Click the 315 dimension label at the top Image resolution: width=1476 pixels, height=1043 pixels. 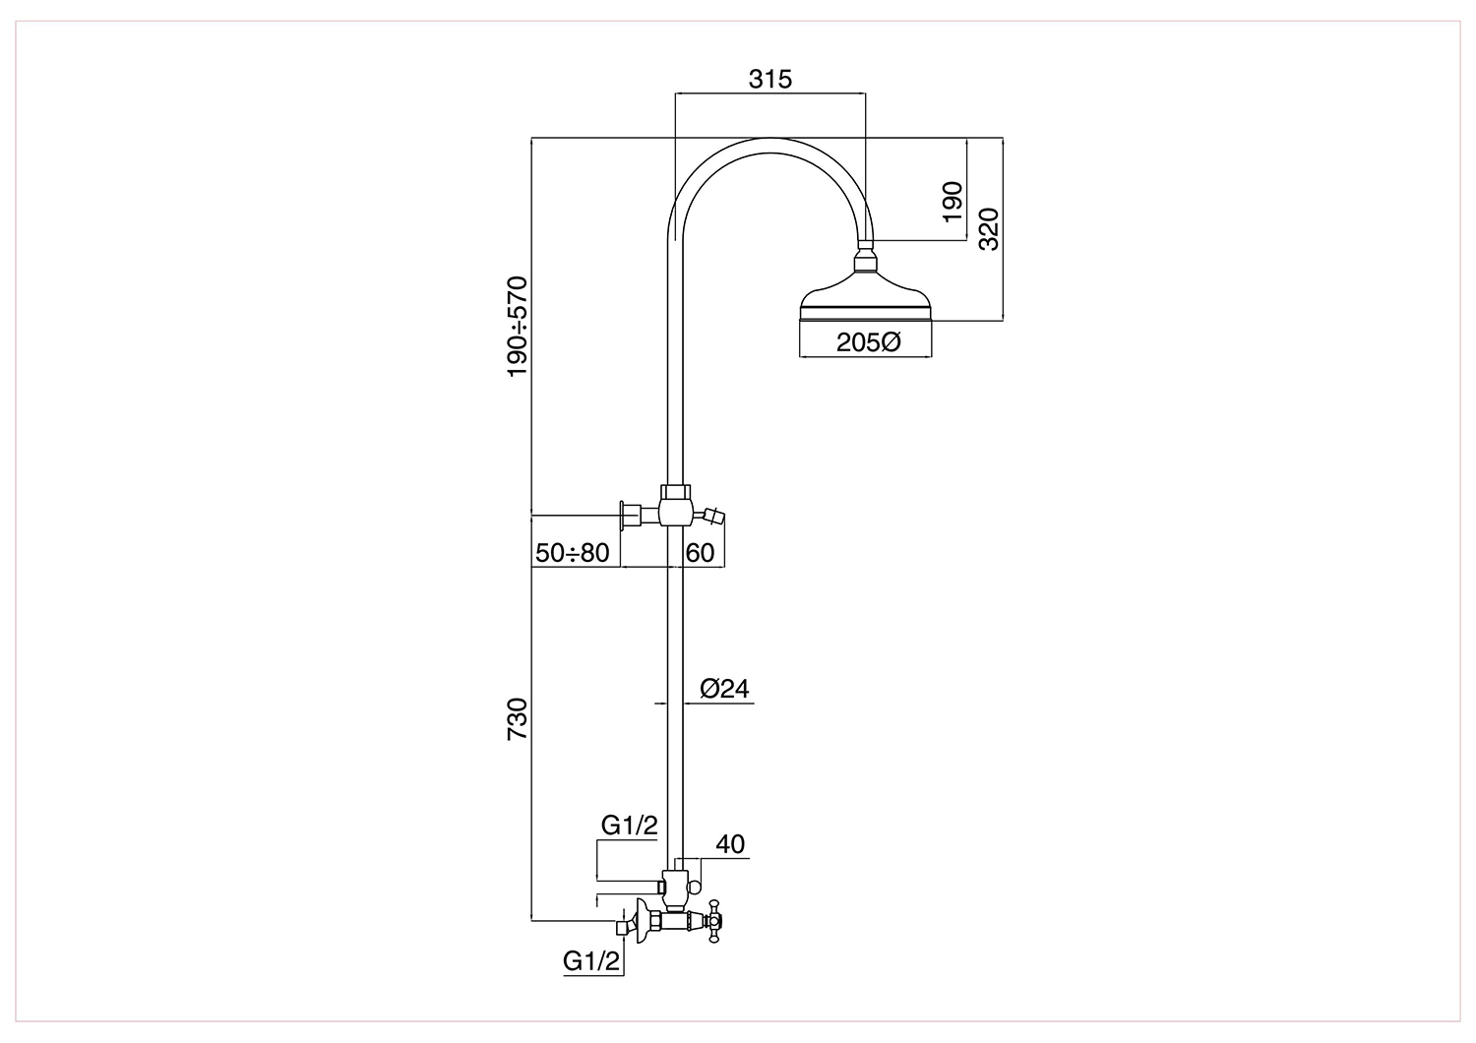[769, 80]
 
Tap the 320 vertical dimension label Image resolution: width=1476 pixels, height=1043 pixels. [989, 228]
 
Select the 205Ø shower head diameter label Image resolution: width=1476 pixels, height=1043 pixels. [869, 342]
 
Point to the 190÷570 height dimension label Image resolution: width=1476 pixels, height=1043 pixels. [518, 326]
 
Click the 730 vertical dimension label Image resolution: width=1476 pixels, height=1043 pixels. [518, 719]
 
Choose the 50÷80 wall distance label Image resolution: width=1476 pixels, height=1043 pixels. [572, 553]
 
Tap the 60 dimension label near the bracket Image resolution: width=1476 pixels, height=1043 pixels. [700, 553]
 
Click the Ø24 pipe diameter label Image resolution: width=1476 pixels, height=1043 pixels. [725, 689]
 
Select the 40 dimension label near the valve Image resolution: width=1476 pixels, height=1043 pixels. [730, 844]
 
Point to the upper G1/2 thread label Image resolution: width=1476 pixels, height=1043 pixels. [630, 825]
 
